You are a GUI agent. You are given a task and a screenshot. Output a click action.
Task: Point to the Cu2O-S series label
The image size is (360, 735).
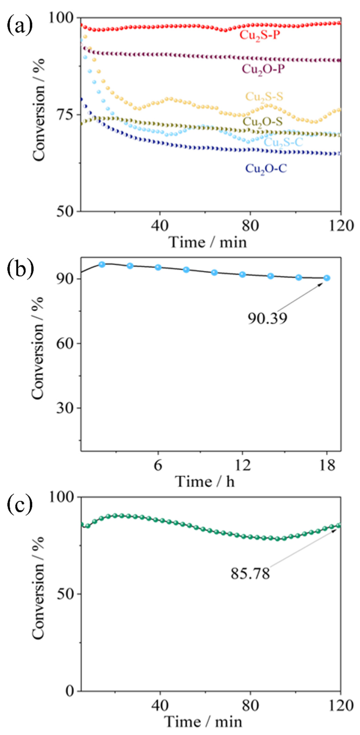[262, 122]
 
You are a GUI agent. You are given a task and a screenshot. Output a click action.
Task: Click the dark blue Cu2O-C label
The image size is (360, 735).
[266, 169]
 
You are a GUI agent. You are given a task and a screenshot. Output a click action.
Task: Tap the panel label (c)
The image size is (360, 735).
[19, 506]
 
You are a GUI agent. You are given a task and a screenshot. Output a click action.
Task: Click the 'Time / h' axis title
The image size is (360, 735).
[205, 482]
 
